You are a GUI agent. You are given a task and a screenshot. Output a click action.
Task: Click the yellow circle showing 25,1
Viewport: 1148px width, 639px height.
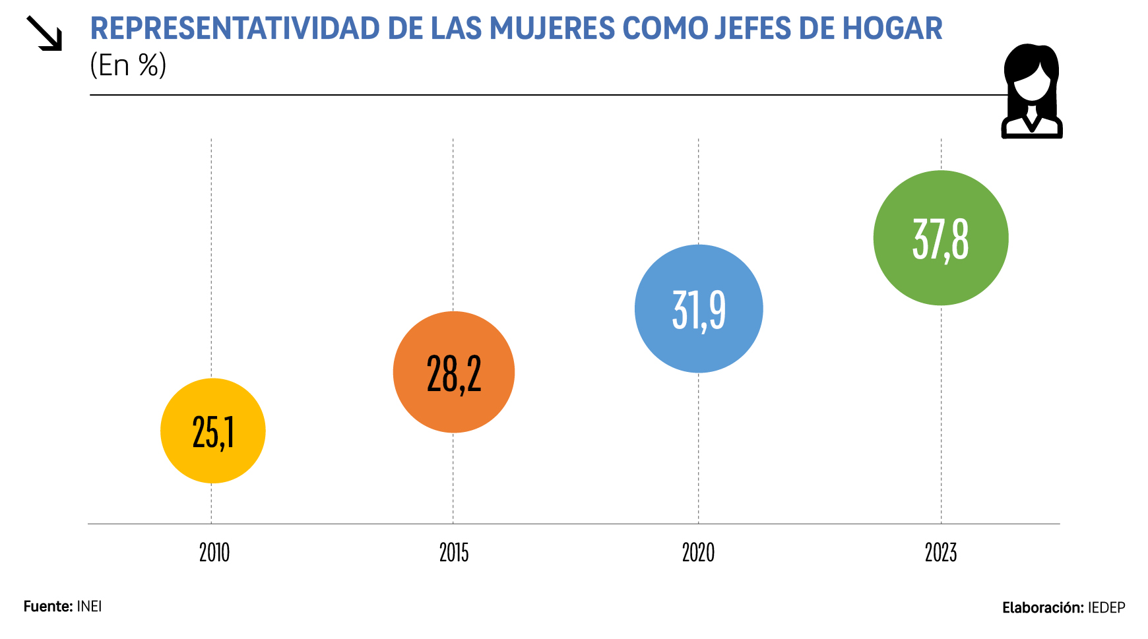[x=212, y=431]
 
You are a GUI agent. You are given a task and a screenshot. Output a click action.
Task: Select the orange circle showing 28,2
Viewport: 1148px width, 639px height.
[x=453, y=372]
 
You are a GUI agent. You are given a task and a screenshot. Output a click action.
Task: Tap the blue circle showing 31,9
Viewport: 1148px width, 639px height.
[x=699, y=309]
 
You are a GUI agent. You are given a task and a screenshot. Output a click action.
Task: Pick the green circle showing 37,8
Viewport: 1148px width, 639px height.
[x=941, y=238]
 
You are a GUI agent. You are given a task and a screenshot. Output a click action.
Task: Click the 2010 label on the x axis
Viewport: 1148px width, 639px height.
[x=214, y=553]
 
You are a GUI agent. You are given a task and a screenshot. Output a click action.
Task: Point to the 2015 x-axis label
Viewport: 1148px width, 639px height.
[x=454, y=553]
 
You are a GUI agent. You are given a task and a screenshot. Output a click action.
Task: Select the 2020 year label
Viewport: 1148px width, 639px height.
[x=698, y=553]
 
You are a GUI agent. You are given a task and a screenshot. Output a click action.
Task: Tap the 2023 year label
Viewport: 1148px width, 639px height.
[x=941, y=553]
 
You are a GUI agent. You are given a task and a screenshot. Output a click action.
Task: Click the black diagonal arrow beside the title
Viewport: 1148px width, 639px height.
[x=44, y=33]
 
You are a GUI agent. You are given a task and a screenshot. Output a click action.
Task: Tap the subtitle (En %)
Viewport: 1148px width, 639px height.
[x=128, y=65]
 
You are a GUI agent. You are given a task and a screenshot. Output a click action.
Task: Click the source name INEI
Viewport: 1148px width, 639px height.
[x=90, y=607]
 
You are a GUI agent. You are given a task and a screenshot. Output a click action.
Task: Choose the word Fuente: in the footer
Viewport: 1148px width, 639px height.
[x=48, y=607]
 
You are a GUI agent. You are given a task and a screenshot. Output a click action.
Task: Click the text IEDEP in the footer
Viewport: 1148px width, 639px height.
[x=1106, y=608]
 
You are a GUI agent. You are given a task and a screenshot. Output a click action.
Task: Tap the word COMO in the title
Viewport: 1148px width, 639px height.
[x=664, y=29]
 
